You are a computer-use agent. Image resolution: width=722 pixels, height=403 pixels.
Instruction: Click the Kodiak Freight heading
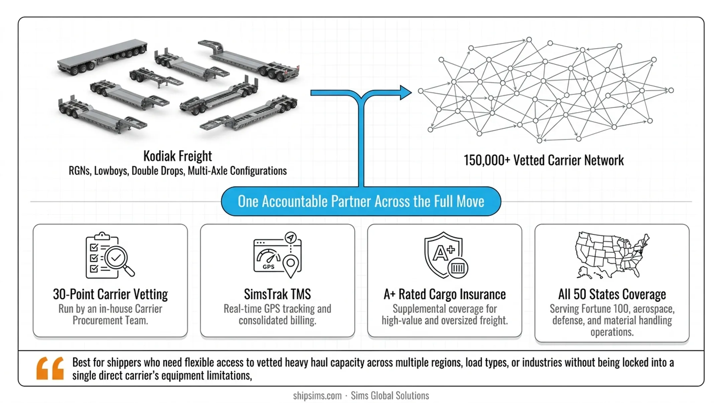click(x=177, y=156)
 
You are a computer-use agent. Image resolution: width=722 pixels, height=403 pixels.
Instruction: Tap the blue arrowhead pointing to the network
click(x=406, y=93)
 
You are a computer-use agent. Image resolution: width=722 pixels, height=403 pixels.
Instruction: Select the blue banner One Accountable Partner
click(x=361, y=201)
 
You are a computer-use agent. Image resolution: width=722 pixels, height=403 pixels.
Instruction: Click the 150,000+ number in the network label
click(x=487, y=160)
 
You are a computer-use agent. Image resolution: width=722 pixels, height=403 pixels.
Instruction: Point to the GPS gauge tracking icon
click(x=277, y=255)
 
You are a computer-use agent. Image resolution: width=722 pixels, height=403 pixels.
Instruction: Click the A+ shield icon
click(x=446, y=255)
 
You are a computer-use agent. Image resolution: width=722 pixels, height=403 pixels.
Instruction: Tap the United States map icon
click(x=612, y=255)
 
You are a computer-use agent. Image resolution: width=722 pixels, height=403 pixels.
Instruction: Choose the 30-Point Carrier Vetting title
click(x=110, y=294)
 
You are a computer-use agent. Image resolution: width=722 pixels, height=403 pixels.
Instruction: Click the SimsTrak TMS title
click(x=277, y=294)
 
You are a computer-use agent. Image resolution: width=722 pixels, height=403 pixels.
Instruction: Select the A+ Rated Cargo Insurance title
click(x=445, y=294)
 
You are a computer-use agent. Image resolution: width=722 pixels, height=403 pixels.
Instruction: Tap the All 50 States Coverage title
click(x=612, y=294)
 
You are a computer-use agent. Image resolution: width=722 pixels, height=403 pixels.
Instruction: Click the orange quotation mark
click(x=50, y=368)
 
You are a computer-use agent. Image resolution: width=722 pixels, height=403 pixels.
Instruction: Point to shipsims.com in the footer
click(x=317, y=396)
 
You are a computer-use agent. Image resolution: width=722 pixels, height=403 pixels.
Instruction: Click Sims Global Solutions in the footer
click(x=390, y=396)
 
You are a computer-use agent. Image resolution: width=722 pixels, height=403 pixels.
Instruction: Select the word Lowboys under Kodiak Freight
click(x=111, y=171)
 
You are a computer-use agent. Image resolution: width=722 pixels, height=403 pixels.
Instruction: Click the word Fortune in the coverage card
click(x=593, y=309)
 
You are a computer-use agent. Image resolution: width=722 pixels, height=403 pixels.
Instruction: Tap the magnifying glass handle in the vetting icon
click(x=129, y=271)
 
